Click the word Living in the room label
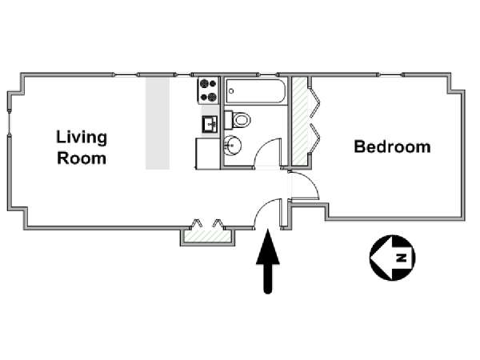[82, 138]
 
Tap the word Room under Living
[82, 158]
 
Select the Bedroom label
[393, 146]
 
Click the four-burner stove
[209, 90]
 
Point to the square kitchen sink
[210, 124]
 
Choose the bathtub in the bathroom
[256, 91]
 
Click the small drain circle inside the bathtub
[231, 91]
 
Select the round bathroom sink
[232, 146]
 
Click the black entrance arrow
[268, 261]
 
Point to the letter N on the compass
[401, 258]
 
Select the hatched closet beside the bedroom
[300, 122]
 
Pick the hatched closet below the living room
[207, 236]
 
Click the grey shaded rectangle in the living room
[158, 123]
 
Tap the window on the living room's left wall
[10, 122]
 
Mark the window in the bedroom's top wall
[390, 74]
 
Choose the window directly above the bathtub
[268, 74]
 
